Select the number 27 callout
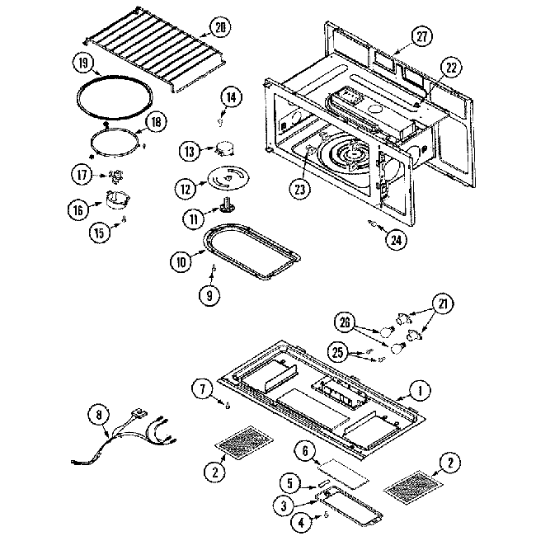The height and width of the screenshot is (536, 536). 422,35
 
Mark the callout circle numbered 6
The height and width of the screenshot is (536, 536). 306,451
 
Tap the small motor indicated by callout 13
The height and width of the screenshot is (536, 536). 223,149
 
